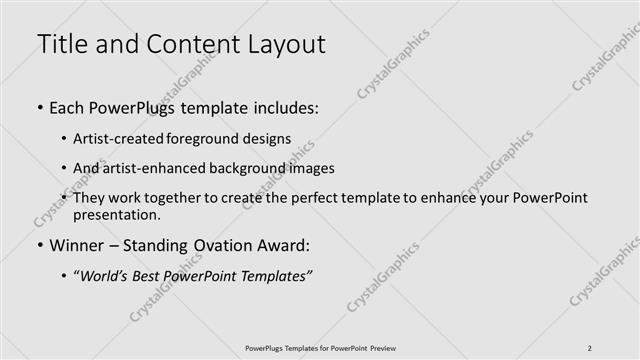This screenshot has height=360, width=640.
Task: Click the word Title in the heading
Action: click(62, 44)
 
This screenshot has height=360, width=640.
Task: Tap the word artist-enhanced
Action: click(150, 168)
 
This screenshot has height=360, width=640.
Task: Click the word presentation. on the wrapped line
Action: click(116, 214)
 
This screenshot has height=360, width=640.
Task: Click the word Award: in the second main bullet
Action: click(282, 244)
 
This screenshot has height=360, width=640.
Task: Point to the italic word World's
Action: click(107, 275)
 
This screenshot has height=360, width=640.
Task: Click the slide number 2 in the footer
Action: click(590, 347)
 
